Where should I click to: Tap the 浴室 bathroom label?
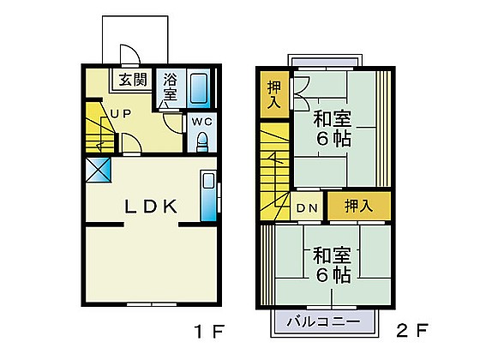tap(171, 87)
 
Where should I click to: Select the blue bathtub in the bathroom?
tap(198, 87)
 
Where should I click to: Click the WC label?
tap(201, 122)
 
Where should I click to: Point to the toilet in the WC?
tap(202, 142)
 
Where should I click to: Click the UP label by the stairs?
tap(121, 113)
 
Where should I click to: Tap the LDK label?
tap(151, 206)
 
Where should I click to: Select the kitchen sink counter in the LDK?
tap(208, 195)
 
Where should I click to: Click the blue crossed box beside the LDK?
tap(98, 170)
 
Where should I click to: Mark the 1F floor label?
tap(210, 331)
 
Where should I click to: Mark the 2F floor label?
tap(411, 331)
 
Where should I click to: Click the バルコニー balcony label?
tap(323, 322)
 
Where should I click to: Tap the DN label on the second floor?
tap(307, 208)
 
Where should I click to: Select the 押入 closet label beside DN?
tap(359, 206)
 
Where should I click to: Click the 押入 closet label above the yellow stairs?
tap(274, 94)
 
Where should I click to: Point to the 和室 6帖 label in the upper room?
tap(333, 129)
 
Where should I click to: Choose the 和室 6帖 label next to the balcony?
tap(333, 265)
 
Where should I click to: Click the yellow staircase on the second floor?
tap(275, 171)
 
